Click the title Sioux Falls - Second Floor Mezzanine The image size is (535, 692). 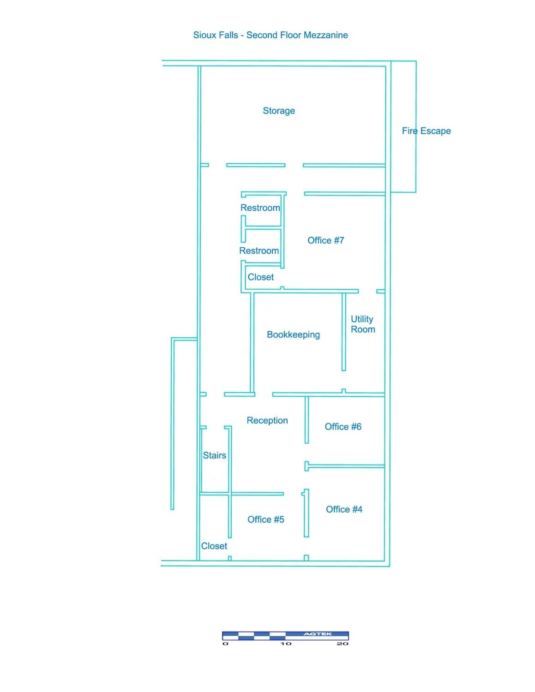tap(271, 35)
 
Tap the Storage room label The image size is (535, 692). tap(279, 111)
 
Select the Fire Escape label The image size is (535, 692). tap(426, 131)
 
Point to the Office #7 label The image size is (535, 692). tap(326, 240)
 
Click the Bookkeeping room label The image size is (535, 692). tap(293, 334)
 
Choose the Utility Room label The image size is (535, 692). tap(363, 324)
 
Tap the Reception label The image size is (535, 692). tap(267, 420)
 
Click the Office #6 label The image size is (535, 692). tap(343, 427)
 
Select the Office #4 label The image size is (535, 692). tap(344, 509)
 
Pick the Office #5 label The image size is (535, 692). tap(266, 519)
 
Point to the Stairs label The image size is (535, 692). tap(215, 455)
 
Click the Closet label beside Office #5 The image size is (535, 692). tap(214, 546)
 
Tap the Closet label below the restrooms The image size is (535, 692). tap(261, 277)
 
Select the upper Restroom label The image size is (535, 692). tap(260, 208)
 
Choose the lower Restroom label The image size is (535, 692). tap(259, 251)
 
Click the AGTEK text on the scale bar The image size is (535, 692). tap(318, 634)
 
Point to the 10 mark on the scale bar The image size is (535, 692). tap(286, 644)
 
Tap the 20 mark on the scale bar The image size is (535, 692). tap(343, 644)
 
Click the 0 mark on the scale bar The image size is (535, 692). tap(225, 644)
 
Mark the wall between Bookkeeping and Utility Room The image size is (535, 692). tap(344, 332)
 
